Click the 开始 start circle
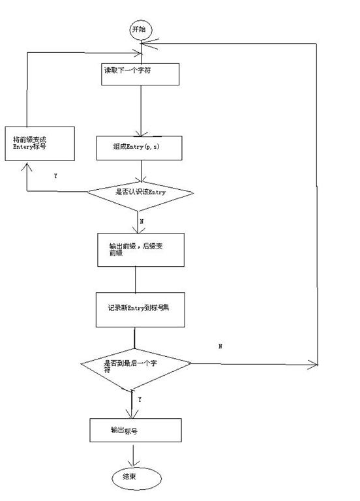139,29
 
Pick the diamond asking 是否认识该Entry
141,192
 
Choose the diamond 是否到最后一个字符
135,364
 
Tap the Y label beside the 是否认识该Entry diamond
55,176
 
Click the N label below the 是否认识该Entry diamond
142,221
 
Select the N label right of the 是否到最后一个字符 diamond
220,346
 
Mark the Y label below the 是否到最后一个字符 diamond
140,399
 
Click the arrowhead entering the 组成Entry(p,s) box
141,132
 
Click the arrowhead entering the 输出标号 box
132,415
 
